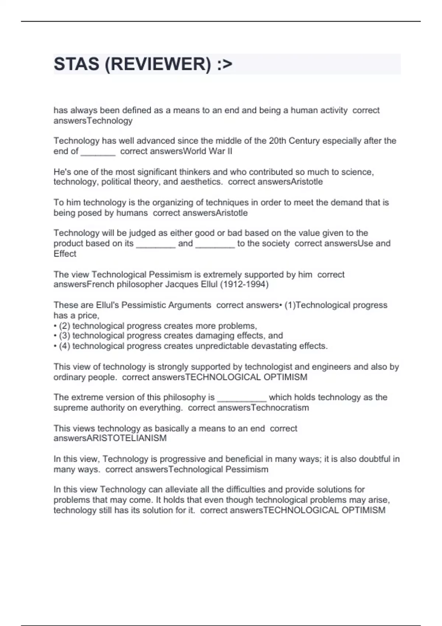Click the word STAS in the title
coord(76,64)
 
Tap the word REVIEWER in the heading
coord(158,64)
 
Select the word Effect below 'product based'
coord(65,254)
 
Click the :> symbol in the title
coord(225,64)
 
